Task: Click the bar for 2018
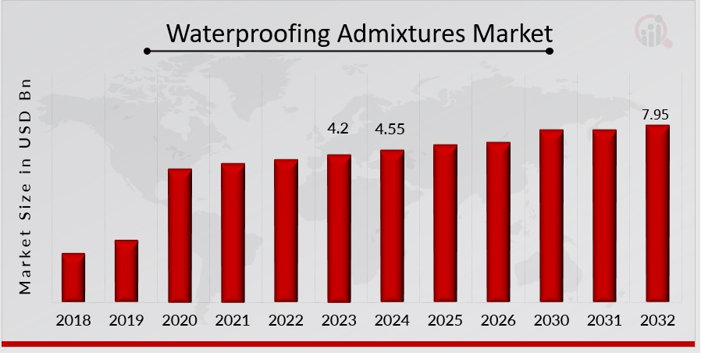[x=73, y=277]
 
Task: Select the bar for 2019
[x=126, y=271]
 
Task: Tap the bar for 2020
[x=180, y=235]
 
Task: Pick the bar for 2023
[x=339, y=228]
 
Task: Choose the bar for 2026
[x=498, y=222]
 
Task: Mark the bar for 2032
[x=657, y=213]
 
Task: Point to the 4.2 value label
[x=338, y=129]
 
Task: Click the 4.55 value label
[x=390, y=129]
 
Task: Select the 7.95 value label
[x=656, y=115]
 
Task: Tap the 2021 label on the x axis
[x=233, y=320]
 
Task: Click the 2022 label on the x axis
[x=286, y=320]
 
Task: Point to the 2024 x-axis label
[x=392, y=320]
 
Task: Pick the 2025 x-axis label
[x=445, y=320]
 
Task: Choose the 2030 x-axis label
[x=551, y=320]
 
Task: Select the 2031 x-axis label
[x=604, y=320]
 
